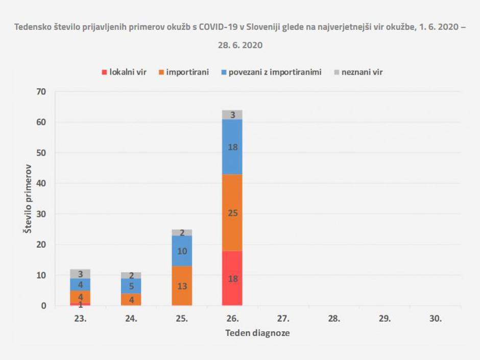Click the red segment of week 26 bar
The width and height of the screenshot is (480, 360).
[232, 278]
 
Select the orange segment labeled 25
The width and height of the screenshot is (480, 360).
[232, 213]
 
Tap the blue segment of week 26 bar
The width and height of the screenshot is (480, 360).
[232, 147]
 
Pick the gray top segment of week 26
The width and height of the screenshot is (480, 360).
[232, 115]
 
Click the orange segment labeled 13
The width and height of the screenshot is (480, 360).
[182, 286]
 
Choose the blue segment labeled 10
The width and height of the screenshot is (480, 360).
[182, 251]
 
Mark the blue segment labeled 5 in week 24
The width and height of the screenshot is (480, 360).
[131, 286]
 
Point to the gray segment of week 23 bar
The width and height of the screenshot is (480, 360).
[81, 274]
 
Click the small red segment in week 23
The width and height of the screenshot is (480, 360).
[81, 304]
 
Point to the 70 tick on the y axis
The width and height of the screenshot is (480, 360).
[41, 92]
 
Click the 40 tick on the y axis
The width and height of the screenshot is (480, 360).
[41, 183]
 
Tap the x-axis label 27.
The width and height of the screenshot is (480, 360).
[283, 319]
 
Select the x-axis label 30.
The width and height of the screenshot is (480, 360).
[436, 319]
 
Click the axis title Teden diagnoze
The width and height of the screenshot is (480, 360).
[258, 333]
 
